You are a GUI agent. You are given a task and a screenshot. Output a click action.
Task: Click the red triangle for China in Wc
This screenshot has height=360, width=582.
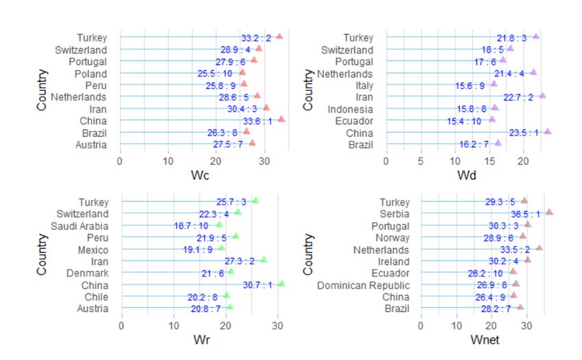(x=281, y=119)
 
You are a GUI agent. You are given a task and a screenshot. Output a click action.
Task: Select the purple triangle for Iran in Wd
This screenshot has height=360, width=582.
(x=542, y=96)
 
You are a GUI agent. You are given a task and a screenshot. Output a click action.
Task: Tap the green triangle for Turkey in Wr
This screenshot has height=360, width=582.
(x=255, y=201)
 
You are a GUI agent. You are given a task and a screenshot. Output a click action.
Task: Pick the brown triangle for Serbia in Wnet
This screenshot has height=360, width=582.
(x=549, y=213)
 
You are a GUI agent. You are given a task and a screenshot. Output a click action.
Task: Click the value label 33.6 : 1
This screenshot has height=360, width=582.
(x=257, y=120)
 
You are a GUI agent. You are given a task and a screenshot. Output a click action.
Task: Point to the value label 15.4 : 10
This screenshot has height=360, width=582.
(x=464, y=120)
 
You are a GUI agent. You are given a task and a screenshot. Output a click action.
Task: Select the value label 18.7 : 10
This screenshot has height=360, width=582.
(x=191, y=225)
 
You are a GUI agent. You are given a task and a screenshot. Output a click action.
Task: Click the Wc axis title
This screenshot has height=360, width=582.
(x=201, y=176)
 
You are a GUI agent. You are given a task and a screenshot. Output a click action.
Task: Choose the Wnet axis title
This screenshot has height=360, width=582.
(x=485, y=340)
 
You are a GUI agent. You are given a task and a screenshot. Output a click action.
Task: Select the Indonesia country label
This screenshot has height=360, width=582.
(x=351, y=109)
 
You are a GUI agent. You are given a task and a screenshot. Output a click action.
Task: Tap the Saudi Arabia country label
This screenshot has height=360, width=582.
(x=79, y=225)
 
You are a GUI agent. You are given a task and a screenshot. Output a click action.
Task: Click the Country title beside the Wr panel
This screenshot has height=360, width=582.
(x=43, y=254)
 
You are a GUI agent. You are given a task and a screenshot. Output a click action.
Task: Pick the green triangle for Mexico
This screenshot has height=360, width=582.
(x=221, y=248)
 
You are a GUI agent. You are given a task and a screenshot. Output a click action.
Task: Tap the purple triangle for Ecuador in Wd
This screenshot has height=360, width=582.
(x=492, y=120)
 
